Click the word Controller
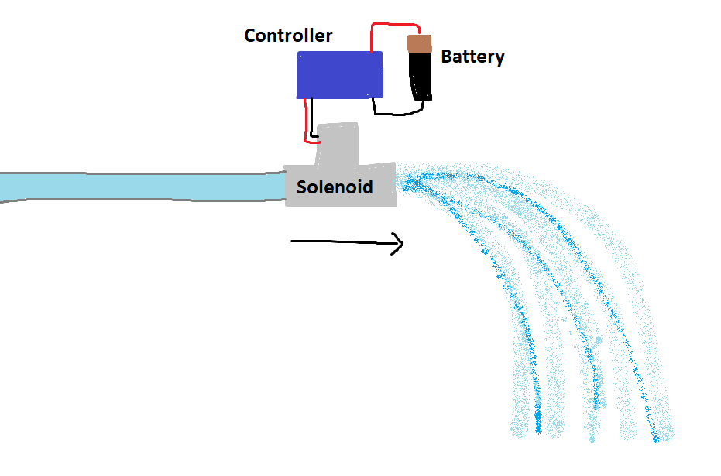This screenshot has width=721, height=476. pyautogui.click(x=288, y=36)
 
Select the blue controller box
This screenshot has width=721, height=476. pyautogui.click(x=339, y=75)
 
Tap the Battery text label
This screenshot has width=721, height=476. pyautogui.click(x=472, y=57)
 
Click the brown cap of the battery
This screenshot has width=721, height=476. pyautogui.click(x=419, y=44)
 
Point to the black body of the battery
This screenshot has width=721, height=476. pyautogui.click(x=421, y=77)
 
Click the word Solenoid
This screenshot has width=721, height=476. pyautogui.click(x=335, y=187)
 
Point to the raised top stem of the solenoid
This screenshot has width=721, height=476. pyautogui.click(x=338, y=143)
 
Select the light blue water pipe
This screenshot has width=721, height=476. pyautogui.click(x=139, y=187)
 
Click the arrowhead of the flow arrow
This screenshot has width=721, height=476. pyautogui.click(x=398, y=244)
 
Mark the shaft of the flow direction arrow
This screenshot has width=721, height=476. pyautogui.click(x=341, y=242)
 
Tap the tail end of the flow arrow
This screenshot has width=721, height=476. pyautogui.click(x=293, y=241)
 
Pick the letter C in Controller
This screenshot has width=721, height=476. pyautogui.click(x=251, y=36)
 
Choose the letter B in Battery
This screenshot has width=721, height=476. pyautogui.click(x=447, y=56)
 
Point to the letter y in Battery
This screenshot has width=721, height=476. pyautogui.click(x=500, y=59)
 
